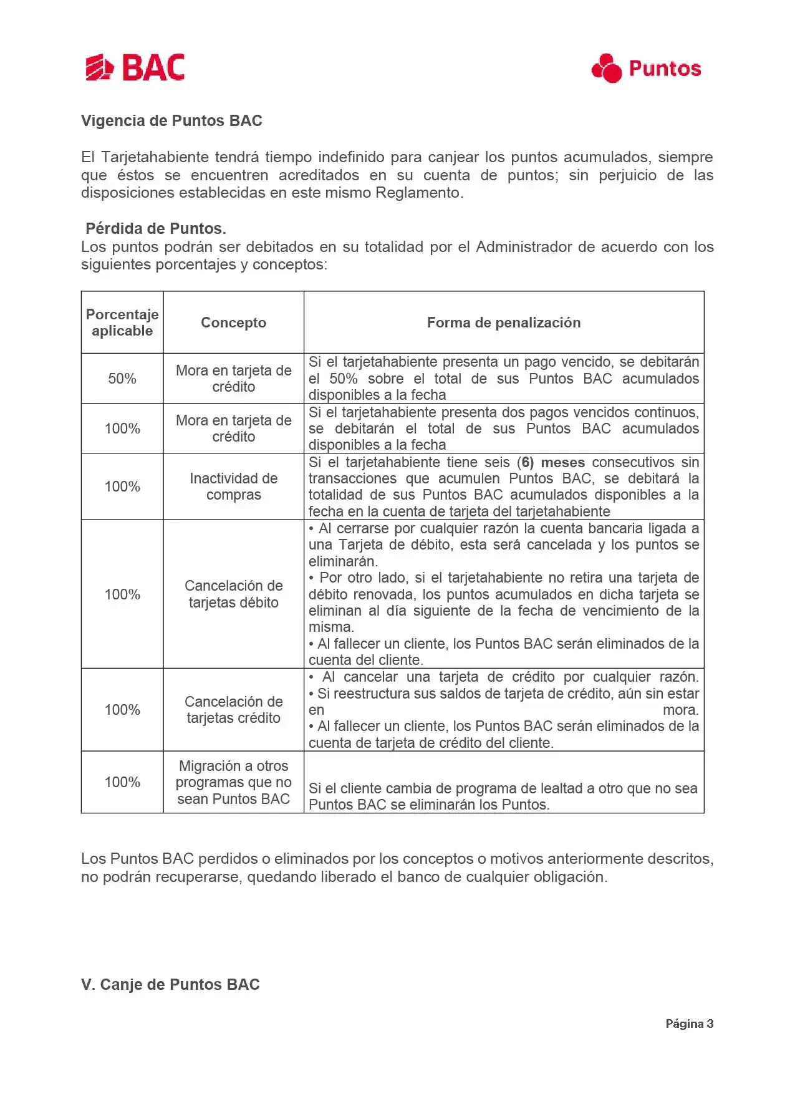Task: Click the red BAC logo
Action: (135, 67)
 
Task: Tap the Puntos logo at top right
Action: (646, 68)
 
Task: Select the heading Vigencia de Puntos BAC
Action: (171, 121)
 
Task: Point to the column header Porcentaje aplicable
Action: (122, 322)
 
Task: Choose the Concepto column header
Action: (233, 322)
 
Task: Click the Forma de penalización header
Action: (504, 322)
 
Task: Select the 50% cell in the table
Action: (122, 379)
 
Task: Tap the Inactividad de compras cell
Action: (233, 486)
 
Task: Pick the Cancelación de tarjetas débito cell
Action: (233, 594)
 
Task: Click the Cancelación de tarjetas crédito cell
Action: (233, 710)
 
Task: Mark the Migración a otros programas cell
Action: (233, 782)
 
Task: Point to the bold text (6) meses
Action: (551, 463)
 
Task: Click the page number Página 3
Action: (689, 1024)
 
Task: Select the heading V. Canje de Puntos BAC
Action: (170, 984)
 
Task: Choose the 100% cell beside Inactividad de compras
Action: (122, 486)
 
